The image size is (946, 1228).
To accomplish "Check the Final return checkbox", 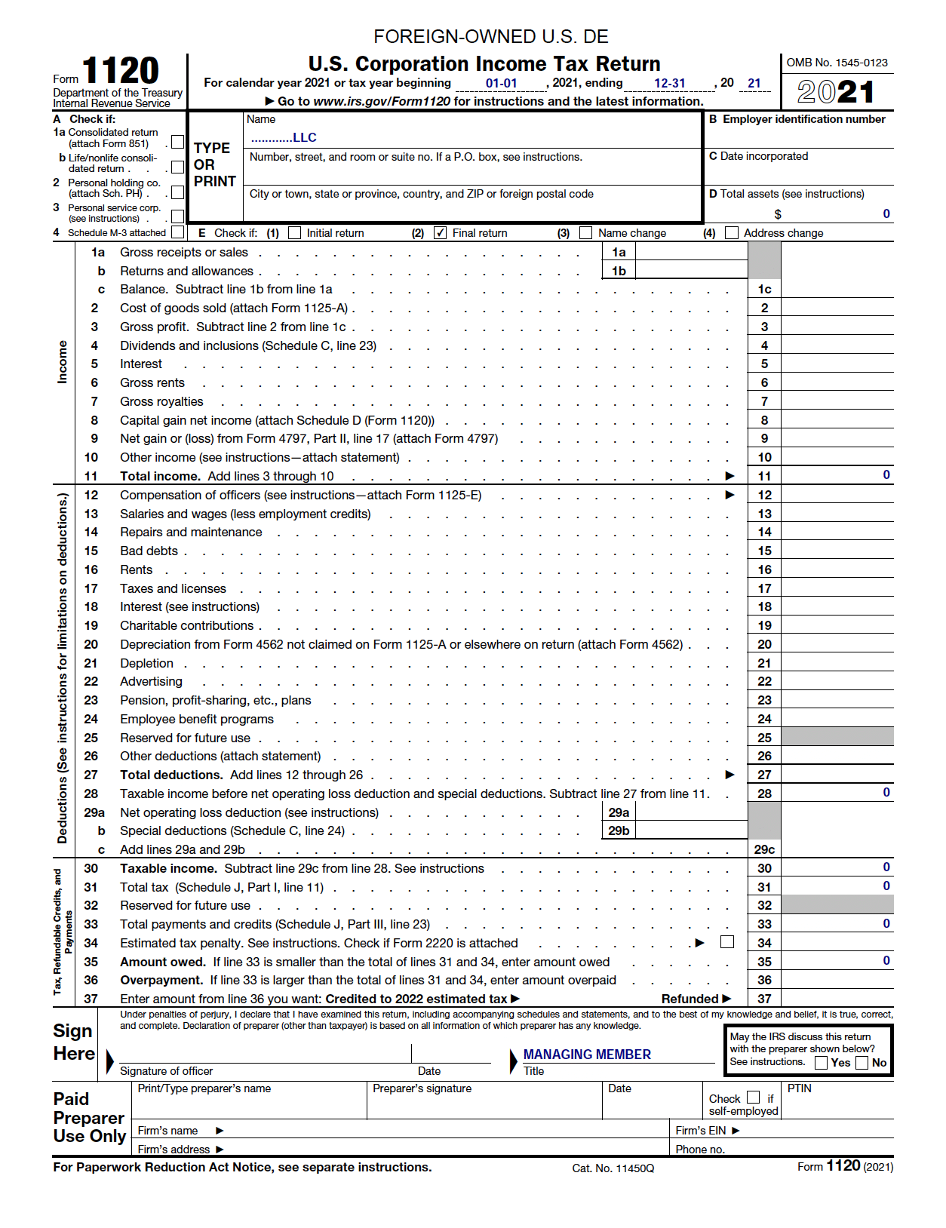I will [x=441, y=233].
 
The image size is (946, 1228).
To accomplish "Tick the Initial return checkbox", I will [x=295, y=233].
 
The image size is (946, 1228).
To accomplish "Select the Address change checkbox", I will [x=732, y=233].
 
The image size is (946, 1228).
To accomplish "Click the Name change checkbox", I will [x=586, y=233].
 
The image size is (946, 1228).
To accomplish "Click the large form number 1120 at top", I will [x=120, y=72].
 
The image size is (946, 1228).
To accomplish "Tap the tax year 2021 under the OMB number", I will [x=836, y=92].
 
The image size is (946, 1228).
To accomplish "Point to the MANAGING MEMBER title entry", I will [x=587, y=1055].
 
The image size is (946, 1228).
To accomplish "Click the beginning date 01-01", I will [x=502, y=84].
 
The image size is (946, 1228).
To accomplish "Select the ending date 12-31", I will [x=669, y=84].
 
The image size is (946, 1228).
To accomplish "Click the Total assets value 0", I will [x=886, y=214].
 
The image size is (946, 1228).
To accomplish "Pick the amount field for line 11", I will [x=837, y=476].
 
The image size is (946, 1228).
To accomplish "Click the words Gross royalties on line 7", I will [x=161, y=401].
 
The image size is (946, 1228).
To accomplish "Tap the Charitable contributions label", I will [x=186, y=625].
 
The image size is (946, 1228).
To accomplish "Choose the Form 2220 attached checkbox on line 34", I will [x=727, y=942].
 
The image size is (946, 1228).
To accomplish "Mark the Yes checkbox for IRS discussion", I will [x=822, y=1063].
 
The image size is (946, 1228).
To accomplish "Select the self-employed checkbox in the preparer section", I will [x=753, y=1098].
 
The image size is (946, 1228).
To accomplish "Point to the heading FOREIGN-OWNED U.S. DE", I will [x=491, y=37].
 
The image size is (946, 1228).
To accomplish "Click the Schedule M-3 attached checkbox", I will [x=178, y=232].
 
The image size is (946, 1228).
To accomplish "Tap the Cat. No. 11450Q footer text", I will [x=613, y=1168].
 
